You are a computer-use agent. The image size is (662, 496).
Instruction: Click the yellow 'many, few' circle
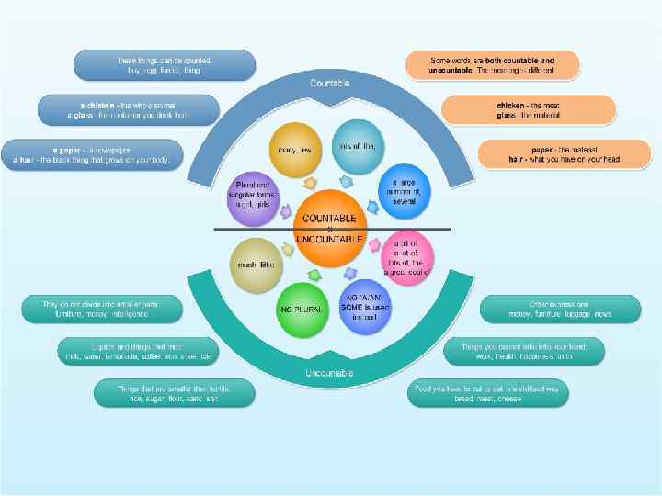tap(295, 148)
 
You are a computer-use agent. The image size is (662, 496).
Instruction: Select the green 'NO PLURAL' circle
tap(301, 309)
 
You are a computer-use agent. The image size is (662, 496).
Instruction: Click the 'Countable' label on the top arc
tap(329, 84)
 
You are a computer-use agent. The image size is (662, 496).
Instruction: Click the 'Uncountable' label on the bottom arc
tap(329, 373)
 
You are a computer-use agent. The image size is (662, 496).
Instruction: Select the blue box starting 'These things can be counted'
tap(165, 64)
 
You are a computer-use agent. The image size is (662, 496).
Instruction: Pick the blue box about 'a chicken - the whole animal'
tap(128, 110)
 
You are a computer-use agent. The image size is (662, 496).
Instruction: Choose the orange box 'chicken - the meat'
tap(528, 110)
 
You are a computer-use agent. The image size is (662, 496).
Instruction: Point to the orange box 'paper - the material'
tap(564, 153)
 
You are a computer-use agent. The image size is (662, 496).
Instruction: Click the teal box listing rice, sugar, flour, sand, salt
tap(174, 393)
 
